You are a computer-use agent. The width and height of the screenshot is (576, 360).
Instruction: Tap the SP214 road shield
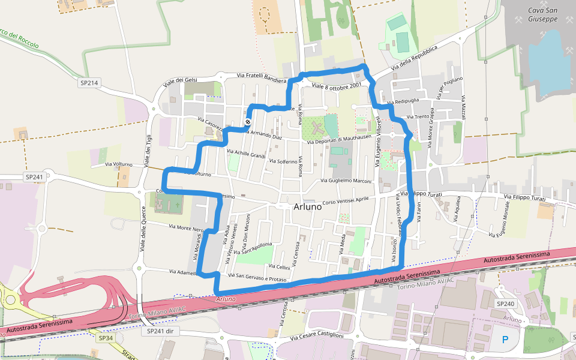click(x=89, y=83)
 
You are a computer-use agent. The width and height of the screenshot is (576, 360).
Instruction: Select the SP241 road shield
click(x=35, y=177)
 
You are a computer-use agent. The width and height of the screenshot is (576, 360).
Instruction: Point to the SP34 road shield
click(x=106, y=338)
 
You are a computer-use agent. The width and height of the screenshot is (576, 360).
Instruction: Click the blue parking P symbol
click(x=505, y=340)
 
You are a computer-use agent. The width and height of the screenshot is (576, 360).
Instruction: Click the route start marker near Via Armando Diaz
click(x=247, y=122)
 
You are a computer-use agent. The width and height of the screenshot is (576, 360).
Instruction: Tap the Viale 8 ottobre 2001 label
click(x=336, y=86)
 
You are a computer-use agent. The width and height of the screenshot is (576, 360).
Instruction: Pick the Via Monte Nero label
click(x=186, y=229)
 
